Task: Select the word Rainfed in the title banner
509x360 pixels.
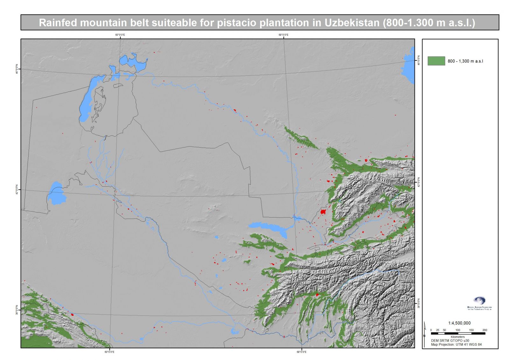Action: tap(58, 23)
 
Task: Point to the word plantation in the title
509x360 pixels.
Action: tap(284, 23)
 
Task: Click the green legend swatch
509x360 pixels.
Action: tap(436, 61)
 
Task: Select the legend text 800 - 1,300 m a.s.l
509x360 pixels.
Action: tap(465, 61)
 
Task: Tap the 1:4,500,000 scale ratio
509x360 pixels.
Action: tap(459, 323)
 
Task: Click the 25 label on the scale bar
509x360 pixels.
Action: tap(438, 330)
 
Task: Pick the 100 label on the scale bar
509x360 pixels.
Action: tap(457, 330)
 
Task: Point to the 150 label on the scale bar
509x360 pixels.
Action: tap(471, 330)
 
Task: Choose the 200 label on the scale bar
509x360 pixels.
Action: tap(485, 330)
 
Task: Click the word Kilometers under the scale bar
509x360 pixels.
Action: tap(457, 337)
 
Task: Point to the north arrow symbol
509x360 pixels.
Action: tap(425, 329)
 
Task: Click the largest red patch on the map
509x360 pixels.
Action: tap(323, 211)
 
